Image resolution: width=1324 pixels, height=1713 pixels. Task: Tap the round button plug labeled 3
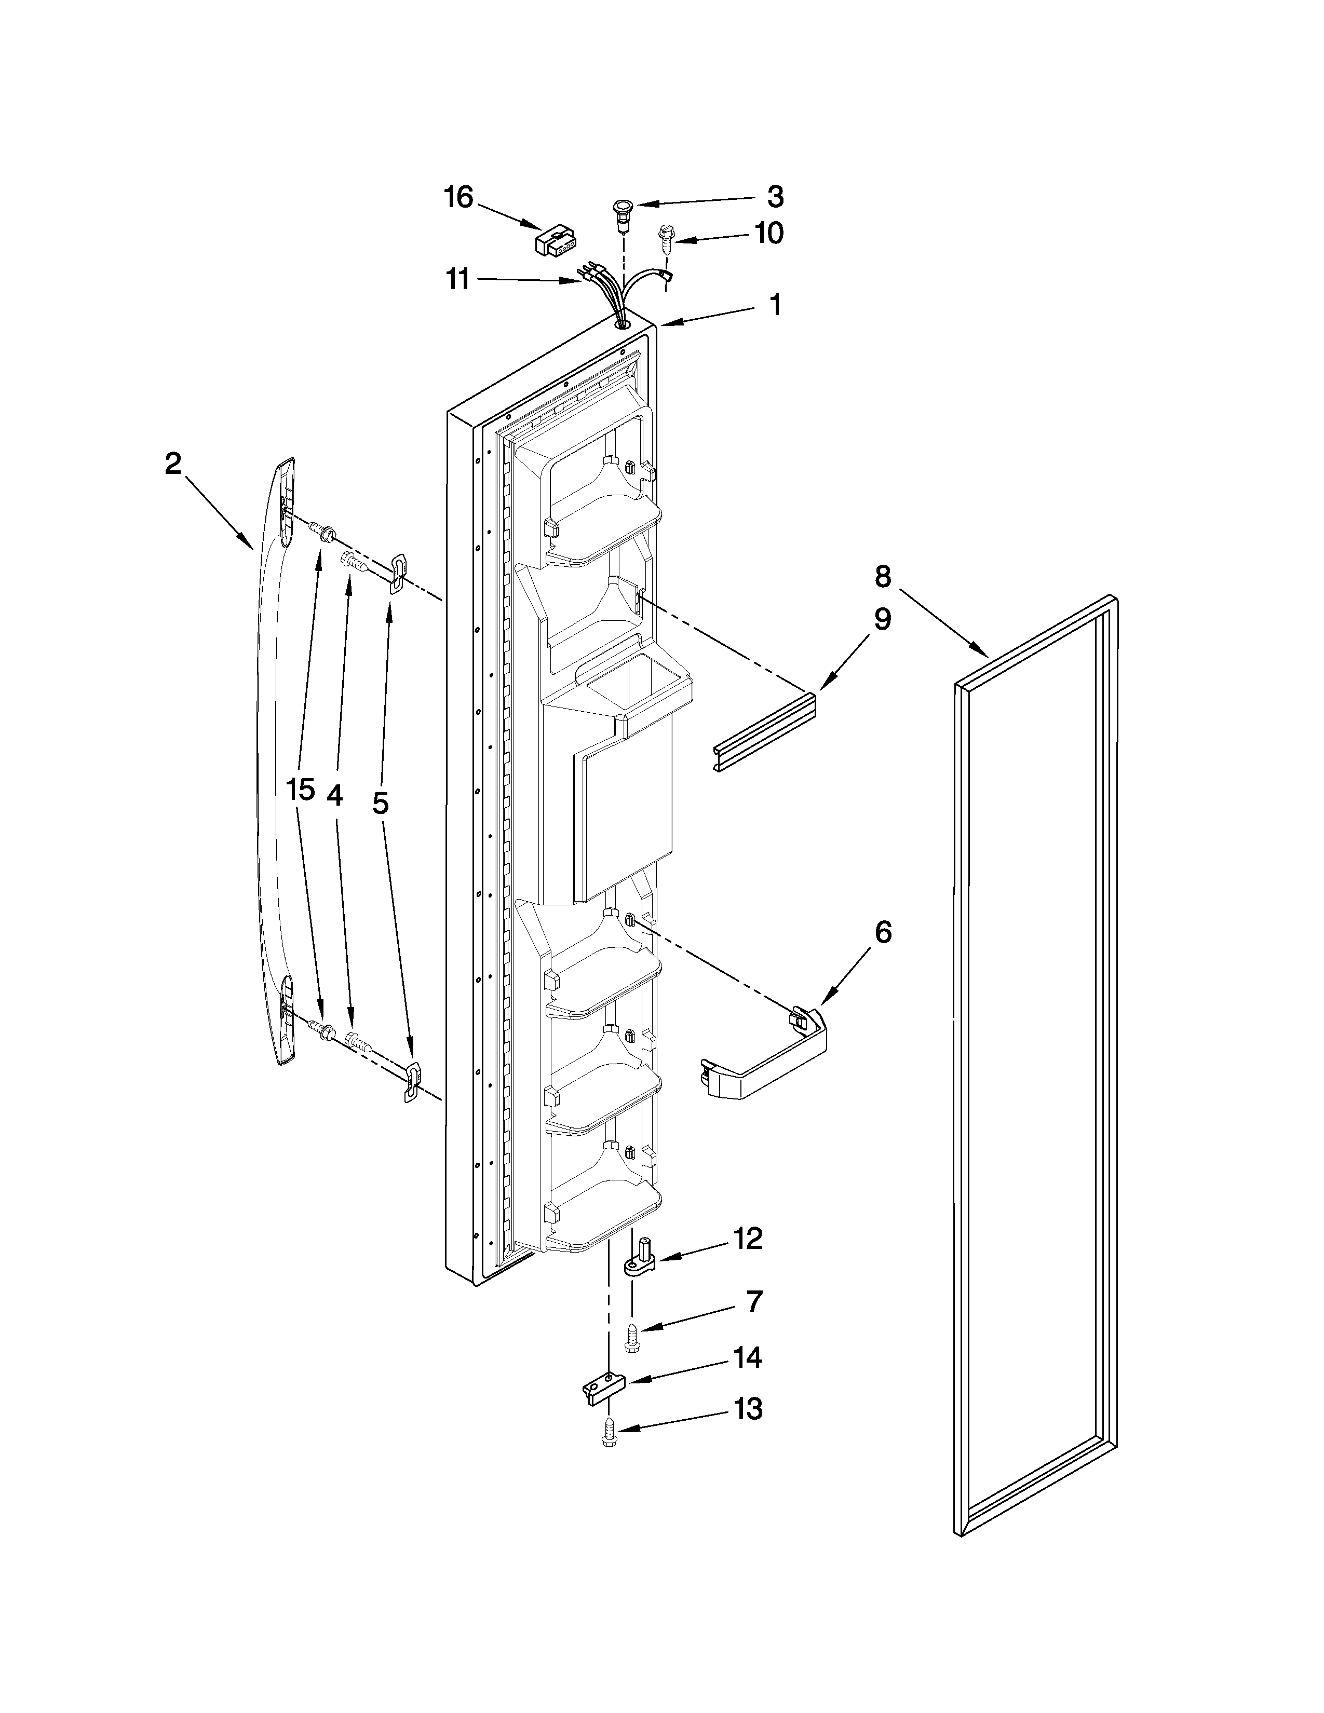click(x=623, y=209)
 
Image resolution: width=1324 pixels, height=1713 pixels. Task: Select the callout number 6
click(x=882, y=933)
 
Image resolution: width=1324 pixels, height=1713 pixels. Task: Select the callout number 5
click(x=381, y=803)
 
